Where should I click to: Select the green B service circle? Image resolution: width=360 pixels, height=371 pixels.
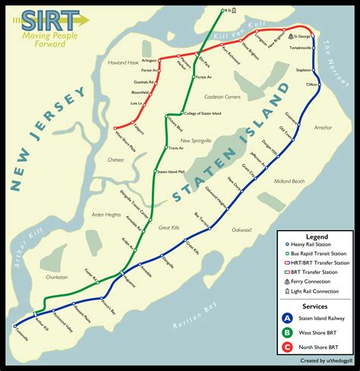coord(287,332)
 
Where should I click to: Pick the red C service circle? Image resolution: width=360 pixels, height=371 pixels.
coord(287,347)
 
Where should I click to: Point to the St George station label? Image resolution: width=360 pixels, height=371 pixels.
coord(303,36)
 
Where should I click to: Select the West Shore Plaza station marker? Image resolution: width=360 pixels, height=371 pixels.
coord(114,127)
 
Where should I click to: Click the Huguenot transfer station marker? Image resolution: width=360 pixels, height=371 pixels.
coord(122,272)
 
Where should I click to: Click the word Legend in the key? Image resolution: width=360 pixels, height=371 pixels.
coord(317,237)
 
